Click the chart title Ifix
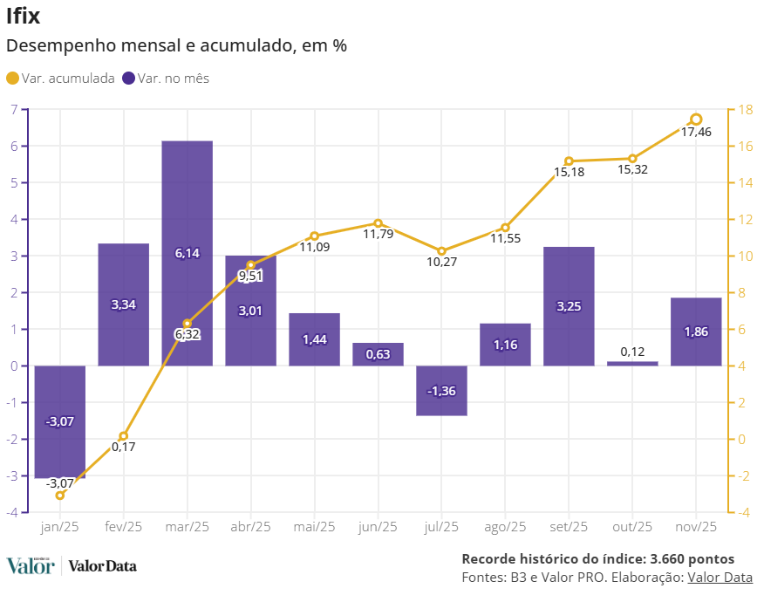(23, 16)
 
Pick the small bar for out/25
(632, 363)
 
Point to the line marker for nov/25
(696, 120)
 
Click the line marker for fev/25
(124, 436)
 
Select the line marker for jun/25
(379, 223)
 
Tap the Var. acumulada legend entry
(60, 79)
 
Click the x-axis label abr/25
(250, 527)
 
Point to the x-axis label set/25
(569, 527)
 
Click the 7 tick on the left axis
(14, 110)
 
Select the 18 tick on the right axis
(746, 110)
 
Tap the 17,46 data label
(696, 133)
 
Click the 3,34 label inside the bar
(123, 304)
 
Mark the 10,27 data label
(441, 263)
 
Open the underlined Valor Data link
(720, 577)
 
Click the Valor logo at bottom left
(31, 566)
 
